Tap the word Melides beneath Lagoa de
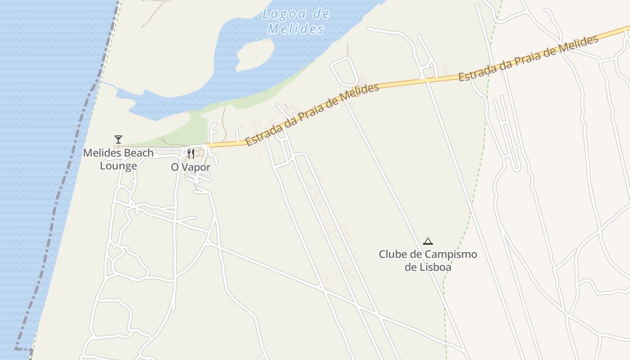(296, 29)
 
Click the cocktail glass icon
(118, 139)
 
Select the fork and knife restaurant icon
(191, 154)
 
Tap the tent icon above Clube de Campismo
(428, 242)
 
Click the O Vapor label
(190, 167)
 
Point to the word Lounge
(118, 166)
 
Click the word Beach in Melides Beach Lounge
(132, 153)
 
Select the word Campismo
(450, 254)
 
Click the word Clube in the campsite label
(393, 254)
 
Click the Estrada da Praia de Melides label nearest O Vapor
(312, 115)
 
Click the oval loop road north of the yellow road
(344, 71)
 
